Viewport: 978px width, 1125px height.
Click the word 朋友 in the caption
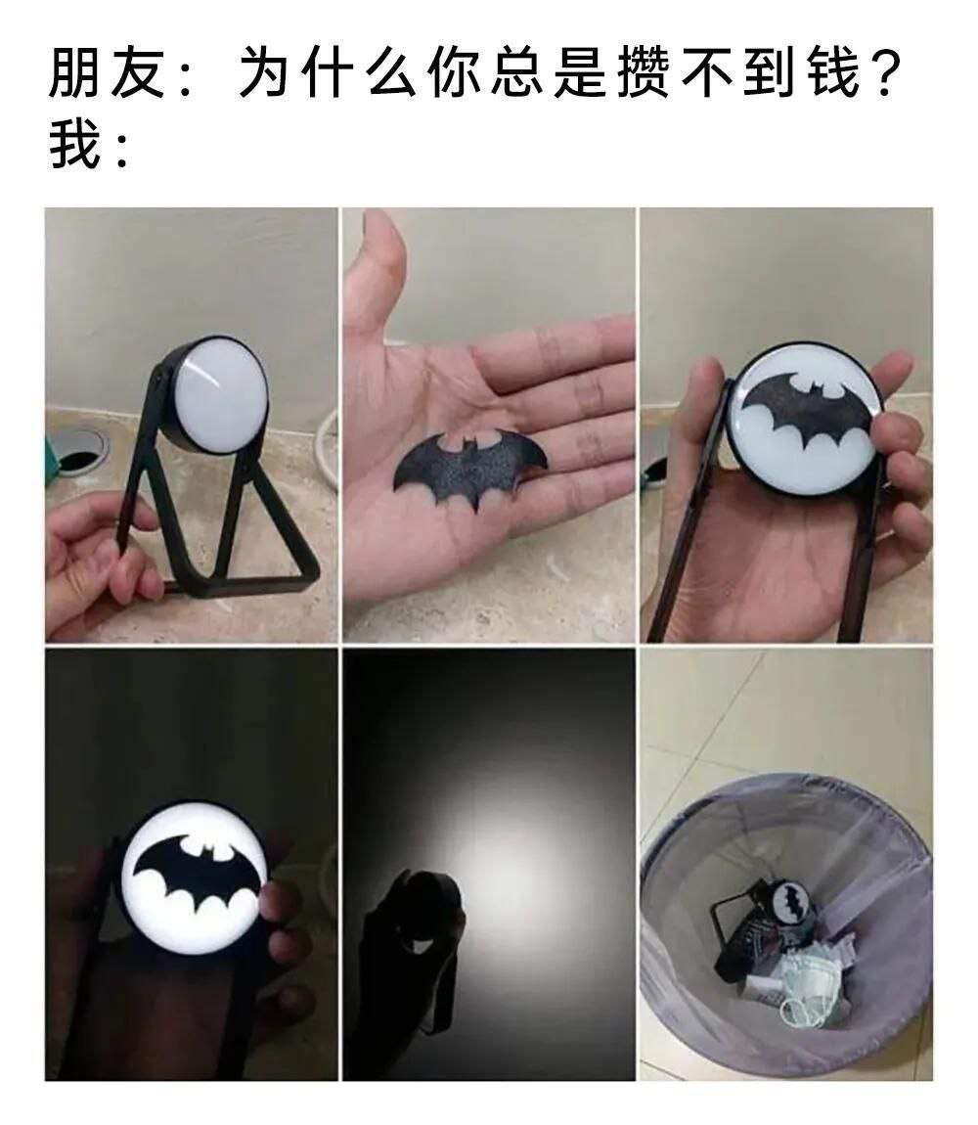tap(108, 73)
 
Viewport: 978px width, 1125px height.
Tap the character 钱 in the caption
tap(834, 73)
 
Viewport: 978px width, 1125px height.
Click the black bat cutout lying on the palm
tap(470, 467)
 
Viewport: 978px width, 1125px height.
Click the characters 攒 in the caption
tap(644, 73)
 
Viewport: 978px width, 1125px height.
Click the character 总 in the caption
tap(517, 73)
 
